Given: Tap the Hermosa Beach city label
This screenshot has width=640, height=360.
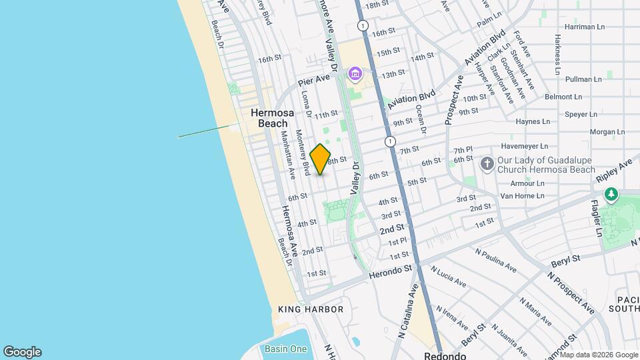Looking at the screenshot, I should (269, 118).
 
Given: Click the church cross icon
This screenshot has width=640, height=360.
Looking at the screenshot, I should (487, 162).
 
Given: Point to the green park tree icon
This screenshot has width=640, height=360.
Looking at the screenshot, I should (611, 194).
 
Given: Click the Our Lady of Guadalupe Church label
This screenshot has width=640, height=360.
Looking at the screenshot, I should (546, 165).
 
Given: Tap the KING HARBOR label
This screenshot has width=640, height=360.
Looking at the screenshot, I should (311, 309).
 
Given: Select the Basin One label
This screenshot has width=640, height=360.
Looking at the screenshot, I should (285, 349).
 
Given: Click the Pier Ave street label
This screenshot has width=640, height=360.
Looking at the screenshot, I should (314, 80).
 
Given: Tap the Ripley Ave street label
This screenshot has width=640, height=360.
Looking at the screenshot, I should (615, 173).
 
